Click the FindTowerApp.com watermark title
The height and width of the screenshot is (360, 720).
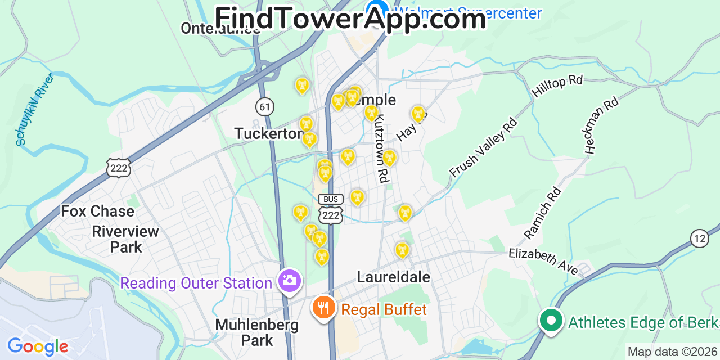pos(350,19)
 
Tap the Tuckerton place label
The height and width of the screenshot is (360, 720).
pos(269,133)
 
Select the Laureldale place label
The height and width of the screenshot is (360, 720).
pos(393,277)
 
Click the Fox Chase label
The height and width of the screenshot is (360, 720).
pos(97,211)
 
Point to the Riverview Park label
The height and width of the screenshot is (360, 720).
pos(125,239)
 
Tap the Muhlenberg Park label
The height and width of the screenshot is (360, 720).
pos(257,332)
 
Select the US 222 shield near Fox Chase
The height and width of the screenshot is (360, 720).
pos(118,168)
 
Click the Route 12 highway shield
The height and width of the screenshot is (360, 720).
pos(700,238)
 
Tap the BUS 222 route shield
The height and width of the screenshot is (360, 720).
pos(330,208)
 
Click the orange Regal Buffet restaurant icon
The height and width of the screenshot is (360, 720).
pos(324,308)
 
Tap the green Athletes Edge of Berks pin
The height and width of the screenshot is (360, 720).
pos(551,321)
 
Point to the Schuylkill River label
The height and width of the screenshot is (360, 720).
pos(35,109)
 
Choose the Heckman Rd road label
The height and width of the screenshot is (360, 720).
pos(601,125)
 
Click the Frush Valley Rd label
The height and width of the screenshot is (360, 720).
pos(483,147)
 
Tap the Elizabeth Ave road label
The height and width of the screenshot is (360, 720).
pos(543,260)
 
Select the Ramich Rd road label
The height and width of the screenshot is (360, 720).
pos(542,213)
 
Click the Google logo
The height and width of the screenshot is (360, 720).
pos(38,346)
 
